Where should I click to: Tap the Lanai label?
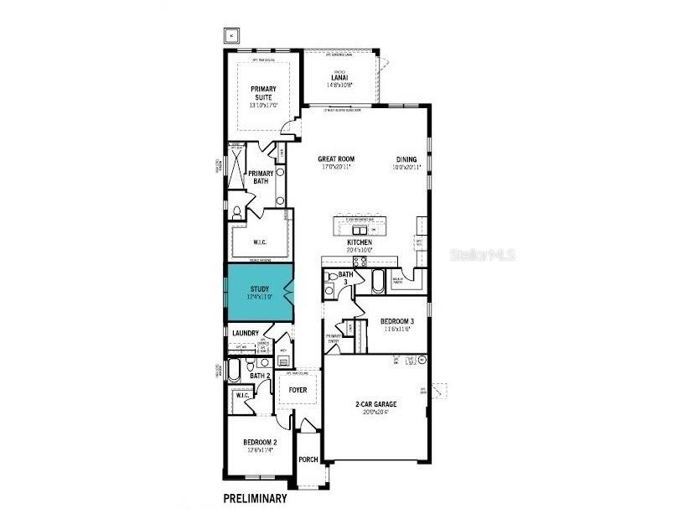[x=339, y=79]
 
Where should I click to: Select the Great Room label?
[x=336, y=158]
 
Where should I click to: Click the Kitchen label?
[x=360, y=243]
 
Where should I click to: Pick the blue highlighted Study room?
[x=258, y=293]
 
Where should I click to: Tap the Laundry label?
[x=246, y=333]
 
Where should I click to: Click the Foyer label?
[x=298, y=390]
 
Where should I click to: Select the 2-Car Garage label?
[x=375, y=404]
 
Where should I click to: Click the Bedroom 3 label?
[x=397, y=322]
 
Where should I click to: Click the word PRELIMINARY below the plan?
[x=255, y=498]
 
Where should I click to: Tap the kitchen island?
[x=360, y=226]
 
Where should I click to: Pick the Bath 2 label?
[x=260, y=376]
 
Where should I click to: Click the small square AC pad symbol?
[x=232, y=35]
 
